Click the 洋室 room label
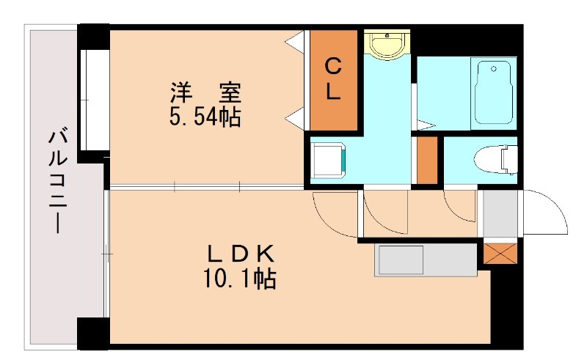tap(206, 94)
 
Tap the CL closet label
tap(332, 80)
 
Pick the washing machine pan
tap(327, 160)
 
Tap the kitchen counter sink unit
tap(424, 260)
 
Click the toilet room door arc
tap(460, 206)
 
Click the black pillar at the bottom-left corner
tap(92, 333)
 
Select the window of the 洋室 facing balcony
tap(94, 98)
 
